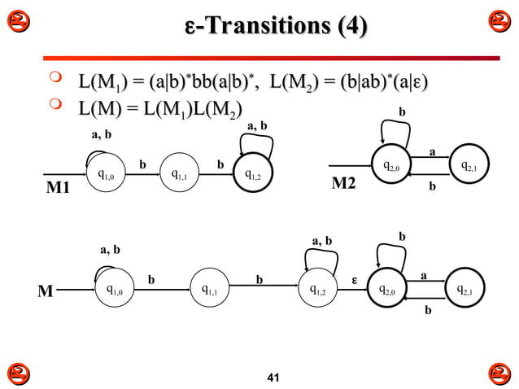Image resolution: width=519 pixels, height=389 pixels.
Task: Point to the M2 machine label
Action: (344, 184)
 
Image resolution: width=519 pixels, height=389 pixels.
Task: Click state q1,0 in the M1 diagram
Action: (106, 173)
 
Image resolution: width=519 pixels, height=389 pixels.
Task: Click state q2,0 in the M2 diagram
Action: (392, 167)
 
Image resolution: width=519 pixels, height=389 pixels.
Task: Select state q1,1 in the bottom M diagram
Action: (210, 289)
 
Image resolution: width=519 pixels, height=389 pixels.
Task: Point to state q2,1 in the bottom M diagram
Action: (466, 289)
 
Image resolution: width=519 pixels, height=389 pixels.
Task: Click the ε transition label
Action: (354, 281)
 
